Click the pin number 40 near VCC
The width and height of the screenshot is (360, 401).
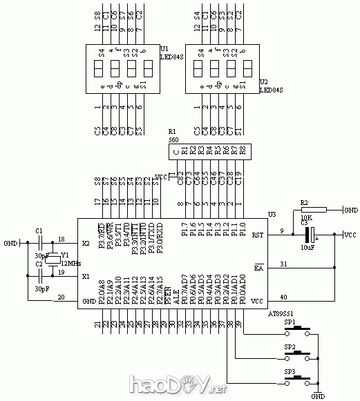[283, 297]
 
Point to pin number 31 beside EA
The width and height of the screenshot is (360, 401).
[283, 263]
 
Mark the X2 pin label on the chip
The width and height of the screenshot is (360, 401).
[86, 243]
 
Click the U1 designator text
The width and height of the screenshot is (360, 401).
[164, 49]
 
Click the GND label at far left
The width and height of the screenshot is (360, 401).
[10, 243]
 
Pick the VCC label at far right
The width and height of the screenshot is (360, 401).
[350, 235]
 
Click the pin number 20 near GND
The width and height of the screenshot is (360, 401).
[61, 297]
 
